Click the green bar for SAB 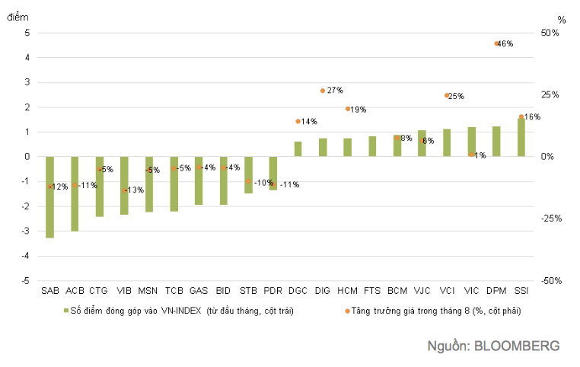(50, 197)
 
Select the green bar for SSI (521, 137)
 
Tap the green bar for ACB (75, 193)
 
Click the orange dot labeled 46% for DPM (496, 43)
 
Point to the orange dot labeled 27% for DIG (323, 91)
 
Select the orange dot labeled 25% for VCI (447, 95)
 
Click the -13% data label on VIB (135, 190)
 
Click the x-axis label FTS (372, 291)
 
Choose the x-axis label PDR (273, 291)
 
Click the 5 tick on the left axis (27, 33)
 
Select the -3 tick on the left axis (25, 231)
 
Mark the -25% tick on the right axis (547, 219)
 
